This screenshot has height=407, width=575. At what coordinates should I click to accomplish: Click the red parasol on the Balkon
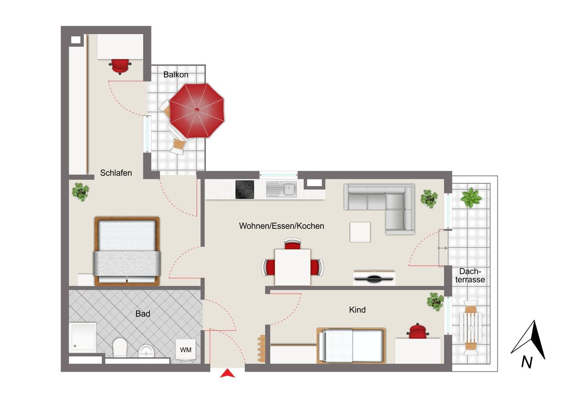click(196, 111)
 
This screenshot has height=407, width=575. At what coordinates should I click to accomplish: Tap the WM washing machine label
click(185, 349)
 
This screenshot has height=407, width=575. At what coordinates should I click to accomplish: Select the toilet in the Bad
click(120, 347)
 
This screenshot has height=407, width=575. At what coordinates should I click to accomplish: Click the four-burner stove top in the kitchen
click(244, 189)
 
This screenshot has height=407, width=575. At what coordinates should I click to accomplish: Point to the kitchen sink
click(281, 189)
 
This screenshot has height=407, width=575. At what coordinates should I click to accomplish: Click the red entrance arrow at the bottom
click(228, 373)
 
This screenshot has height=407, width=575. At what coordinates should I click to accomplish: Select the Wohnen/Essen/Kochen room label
click(281, 226)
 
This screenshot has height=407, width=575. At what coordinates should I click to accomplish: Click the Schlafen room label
click(116, 173)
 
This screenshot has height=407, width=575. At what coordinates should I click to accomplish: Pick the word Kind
click(357, 310)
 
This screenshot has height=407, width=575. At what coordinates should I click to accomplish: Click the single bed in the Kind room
click(351, 345)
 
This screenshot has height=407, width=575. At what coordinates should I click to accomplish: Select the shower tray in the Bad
click(83, 336)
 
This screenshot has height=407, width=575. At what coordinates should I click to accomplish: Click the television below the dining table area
click(374, 277)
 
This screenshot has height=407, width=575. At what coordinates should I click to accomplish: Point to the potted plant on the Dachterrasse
click(471, 198)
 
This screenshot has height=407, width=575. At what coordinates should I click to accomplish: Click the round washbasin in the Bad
click(146, 350)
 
